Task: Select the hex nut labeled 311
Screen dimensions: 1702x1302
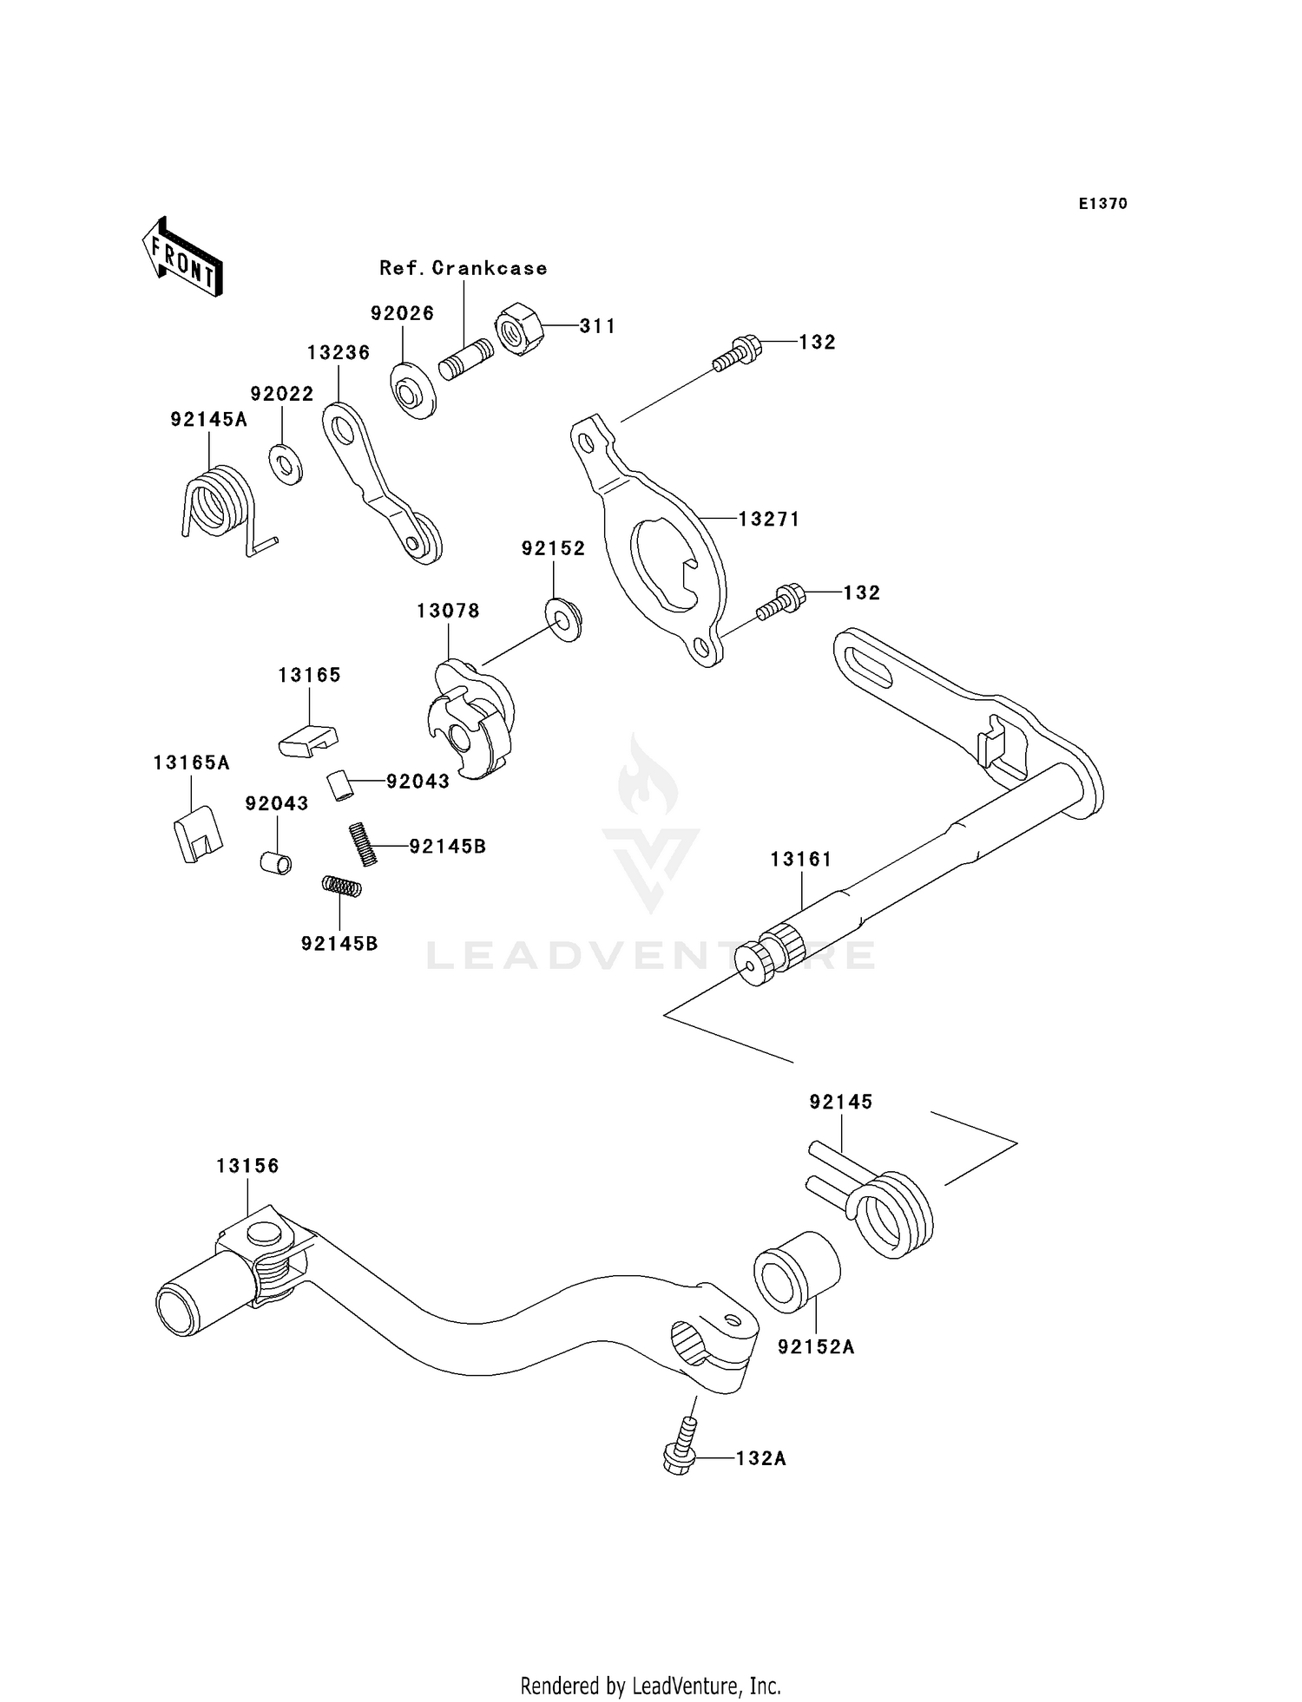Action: pos(519,330)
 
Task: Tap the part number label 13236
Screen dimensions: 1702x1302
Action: pos(339,352)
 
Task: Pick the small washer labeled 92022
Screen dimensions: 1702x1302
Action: pos(285,464)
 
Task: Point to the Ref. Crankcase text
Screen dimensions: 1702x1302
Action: pos(464,268)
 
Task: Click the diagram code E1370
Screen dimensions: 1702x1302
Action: pos(1102,204)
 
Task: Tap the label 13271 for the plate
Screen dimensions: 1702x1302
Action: pos(769,519)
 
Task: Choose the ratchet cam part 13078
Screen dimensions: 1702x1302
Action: pos(471,720)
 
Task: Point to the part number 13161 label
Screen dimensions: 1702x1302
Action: pos(801,859)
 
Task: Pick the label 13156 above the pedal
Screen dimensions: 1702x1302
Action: pos(248,1166)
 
